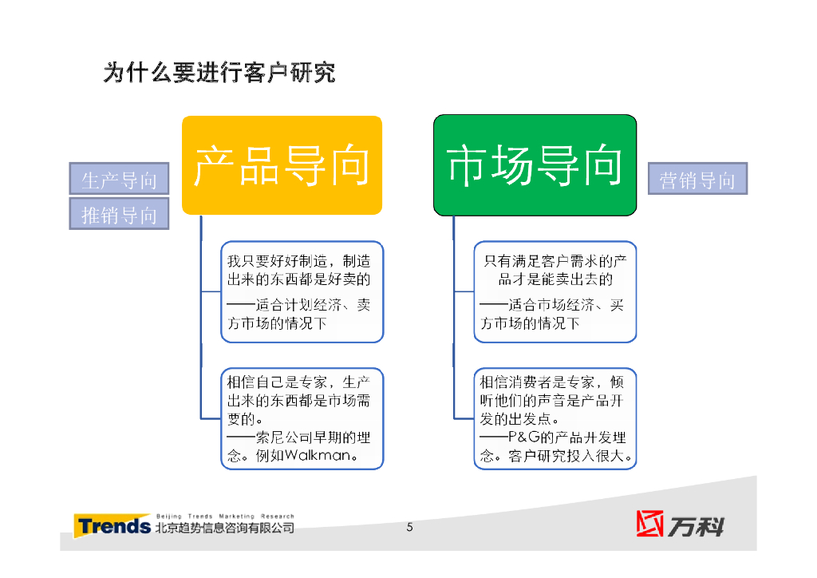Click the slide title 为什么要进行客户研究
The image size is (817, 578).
point(219,73)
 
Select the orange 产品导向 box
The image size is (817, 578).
point(282,165)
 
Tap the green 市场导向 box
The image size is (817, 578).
point(535,165)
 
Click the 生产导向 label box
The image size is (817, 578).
point(119,180)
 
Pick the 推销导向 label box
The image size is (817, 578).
point(119,215)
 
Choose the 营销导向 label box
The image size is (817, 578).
point(697,180)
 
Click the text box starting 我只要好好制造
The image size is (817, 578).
point(302,291)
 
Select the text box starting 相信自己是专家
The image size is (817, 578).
point(302,418)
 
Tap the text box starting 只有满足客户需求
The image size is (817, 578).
point(555,291)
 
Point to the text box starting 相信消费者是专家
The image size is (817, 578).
point(555,418)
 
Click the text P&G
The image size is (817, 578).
point(526,438)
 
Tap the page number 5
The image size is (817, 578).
point(409,527)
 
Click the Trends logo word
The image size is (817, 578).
point(112,526)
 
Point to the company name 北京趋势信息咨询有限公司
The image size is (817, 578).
point(224,529)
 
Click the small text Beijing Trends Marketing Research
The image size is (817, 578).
point(224,517)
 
